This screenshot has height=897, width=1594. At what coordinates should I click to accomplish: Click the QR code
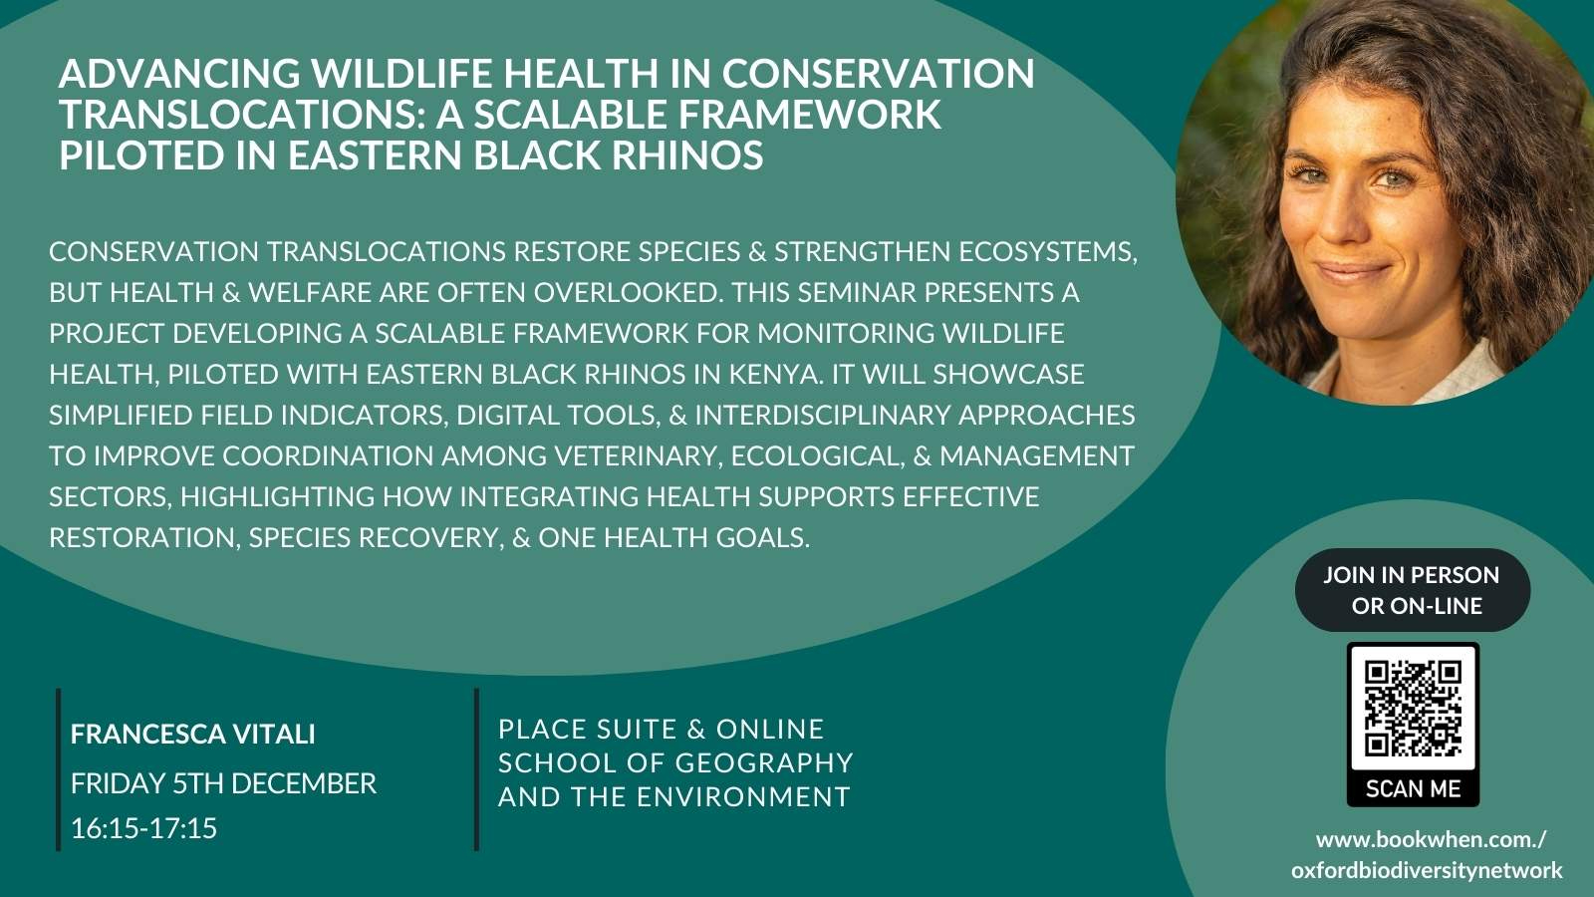(x=1413, y=709)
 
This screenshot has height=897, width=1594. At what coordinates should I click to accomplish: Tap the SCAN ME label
(x=1414, y=788)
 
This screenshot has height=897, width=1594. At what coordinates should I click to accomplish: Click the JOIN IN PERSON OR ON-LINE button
(x=1413, y=590)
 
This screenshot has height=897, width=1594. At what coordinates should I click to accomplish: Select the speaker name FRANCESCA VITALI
(x=193, y=734)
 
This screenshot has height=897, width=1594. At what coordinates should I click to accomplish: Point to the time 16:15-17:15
(x=143, y=828)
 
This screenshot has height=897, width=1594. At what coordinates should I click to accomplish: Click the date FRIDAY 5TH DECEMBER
(x=223, y=783)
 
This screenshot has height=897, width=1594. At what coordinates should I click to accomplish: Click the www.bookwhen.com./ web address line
(x=1431, y=840)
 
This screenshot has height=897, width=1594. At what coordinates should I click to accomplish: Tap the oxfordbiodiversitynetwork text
(x=1427, y=870)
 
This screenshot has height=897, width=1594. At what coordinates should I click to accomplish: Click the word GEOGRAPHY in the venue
(x=763, y=763)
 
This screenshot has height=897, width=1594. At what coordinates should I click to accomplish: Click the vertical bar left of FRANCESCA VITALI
(x=59, y=769)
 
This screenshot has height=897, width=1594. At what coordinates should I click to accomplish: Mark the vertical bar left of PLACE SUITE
(x=477, y=769)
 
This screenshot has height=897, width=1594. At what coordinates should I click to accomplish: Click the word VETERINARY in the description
(x=635, y=455)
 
